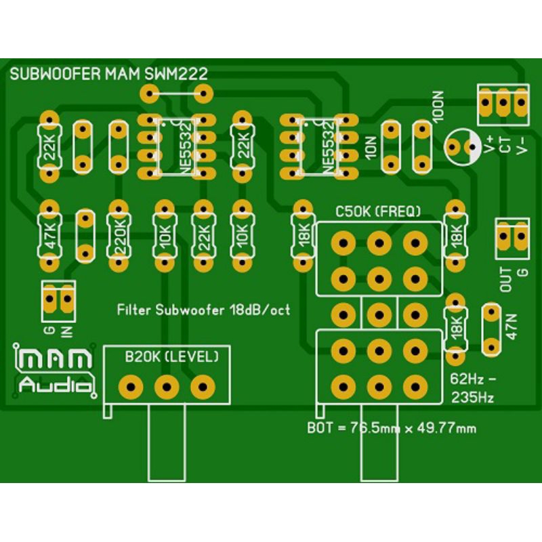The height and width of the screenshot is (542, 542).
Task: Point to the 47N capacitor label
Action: coord(512,327)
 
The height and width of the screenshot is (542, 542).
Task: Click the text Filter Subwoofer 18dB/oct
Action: coord(203,310)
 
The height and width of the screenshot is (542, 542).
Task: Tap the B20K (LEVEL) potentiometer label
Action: coord(171,356)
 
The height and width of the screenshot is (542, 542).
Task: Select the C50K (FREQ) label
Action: coord(378,211)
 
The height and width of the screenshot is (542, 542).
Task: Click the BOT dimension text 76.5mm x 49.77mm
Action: coord(392,428)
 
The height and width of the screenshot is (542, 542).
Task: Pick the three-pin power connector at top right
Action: coord(503,104)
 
